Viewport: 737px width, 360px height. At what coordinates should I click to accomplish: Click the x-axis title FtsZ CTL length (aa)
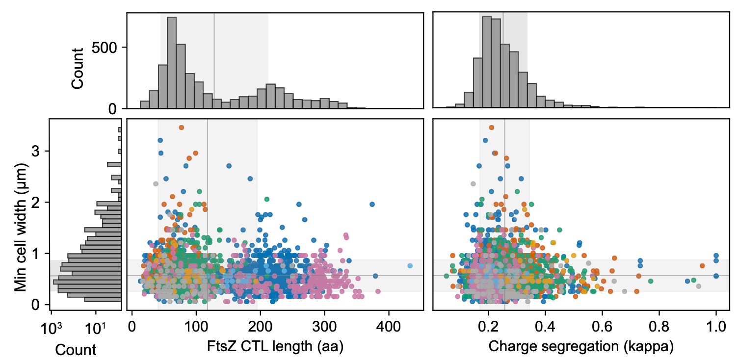click(274, 346)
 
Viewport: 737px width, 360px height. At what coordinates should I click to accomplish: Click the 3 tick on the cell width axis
click(36, 152)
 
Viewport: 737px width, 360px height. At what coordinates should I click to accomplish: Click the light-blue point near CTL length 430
click(410, 266)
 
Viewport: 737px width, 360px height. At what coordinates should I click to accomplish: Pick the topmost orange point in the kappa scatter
click(492, 128)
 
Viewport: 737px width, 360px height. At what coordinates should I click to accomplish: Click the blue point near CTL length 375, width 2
click(372, 204)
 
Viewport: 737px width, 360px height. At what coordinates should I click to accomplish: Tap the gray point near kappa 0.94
click(699, 286)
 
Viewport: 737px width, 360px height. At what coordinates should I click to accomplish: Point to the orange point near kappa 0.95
click(702, 266)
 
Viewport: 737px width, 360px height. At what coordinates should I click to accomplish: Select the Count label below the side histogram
click(76, 350)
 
